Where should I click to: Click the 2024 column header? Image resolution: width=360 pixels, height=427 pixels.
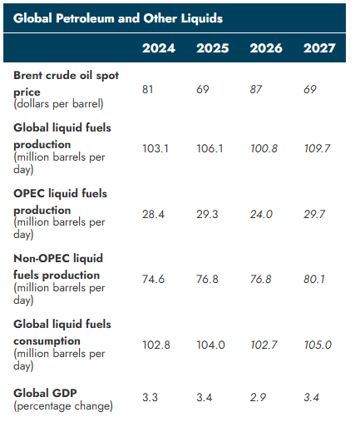(159, 48)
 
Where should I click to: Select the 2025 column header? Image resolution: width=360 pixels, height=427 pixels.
(213, 48)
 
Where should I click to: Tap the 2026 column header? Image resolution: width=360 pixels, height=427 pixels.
(266, 48)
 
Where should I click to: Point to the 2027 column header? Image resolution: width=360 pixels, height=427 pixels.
(319, 48)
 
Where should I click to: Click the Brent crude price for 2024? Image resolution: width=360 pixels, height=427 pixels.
(147, 89)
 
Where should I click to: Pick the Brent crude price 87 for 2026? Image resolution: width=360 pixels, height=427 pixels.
(256, 89)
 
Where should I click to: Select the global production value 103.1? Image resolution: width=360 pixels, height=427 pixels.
(155, 149)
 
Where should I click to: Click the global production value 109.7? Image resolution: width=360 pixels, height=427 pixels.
(317, 149)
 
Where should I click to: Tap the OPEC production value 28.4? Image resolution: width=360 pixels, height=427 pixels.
(153, 215)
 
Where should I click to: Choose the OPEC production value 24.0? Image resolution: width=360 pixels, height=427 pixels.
(261, 215)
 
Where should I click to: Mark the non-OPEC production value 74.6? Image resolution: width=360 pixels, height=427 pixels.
(153, 280)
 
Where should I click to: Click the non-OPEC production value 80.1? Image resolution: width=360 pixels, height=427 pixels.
(314, 280)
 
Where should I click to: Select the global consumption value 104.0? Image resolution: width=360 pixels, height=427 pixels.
(210, 345)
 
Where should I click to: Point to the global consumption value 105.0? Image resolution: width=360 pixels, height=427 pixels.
(318, 345)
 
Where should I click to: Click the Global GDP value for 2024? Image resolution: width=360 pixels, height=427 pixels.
(150, 398)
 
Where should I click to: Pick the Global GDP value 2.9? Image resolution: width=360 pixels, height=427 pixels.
(258, 398)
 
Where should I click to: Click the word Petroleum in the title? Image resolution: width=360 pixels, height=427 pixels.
(85, 18)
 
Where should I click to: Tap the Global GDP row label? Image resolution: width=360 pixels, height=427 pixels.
(45, 393)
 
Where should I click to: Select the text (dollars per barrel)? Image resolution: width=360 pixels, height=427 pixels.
(58, 104)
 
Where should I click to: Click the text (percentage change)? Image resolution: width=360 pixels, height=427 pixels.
(63, 406)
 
